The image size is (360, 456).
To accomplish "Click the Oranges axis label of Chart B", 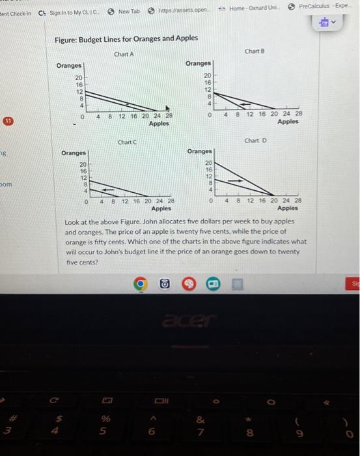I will tap(198, 63).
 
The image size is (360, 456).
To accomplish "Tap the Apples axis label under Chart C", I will tap(161, 208).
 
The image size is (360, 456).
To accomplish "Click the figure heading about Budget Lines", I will tap(126, 38).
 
